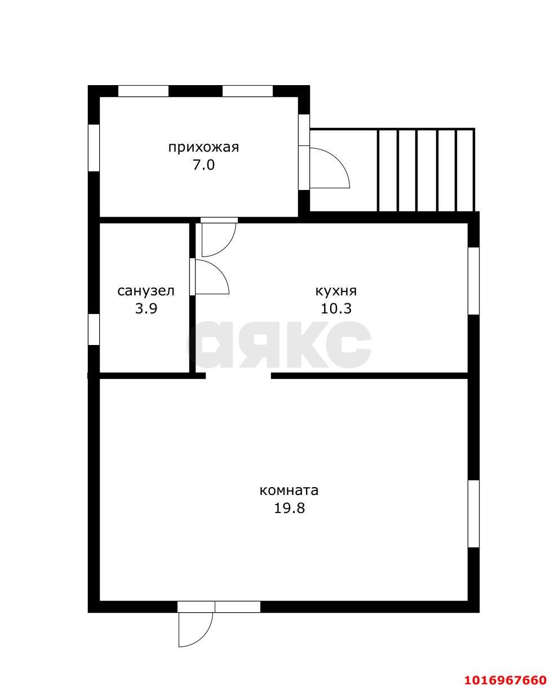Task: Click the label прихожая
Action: pos(203,148)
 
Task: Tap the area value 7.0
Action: pos(204,165)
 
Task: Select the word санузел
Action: pos(146,291)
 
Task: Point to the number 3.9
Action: pos(146,308)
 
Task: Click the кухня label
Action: pos(336,291)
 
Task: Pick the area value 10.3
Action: pos(336,308)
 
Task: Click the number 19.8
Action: pos(289,507)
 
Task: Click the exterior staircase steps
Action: pos(426,170)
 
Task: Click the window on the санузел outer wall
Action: pos(94,329)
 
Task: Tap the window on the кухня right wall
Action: pos(474,281)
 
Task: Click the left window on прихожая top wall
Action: pos(144,91)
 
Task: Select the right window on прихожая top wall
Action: pos(248,91)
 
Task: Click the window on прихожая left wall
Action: pos(94,148)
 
